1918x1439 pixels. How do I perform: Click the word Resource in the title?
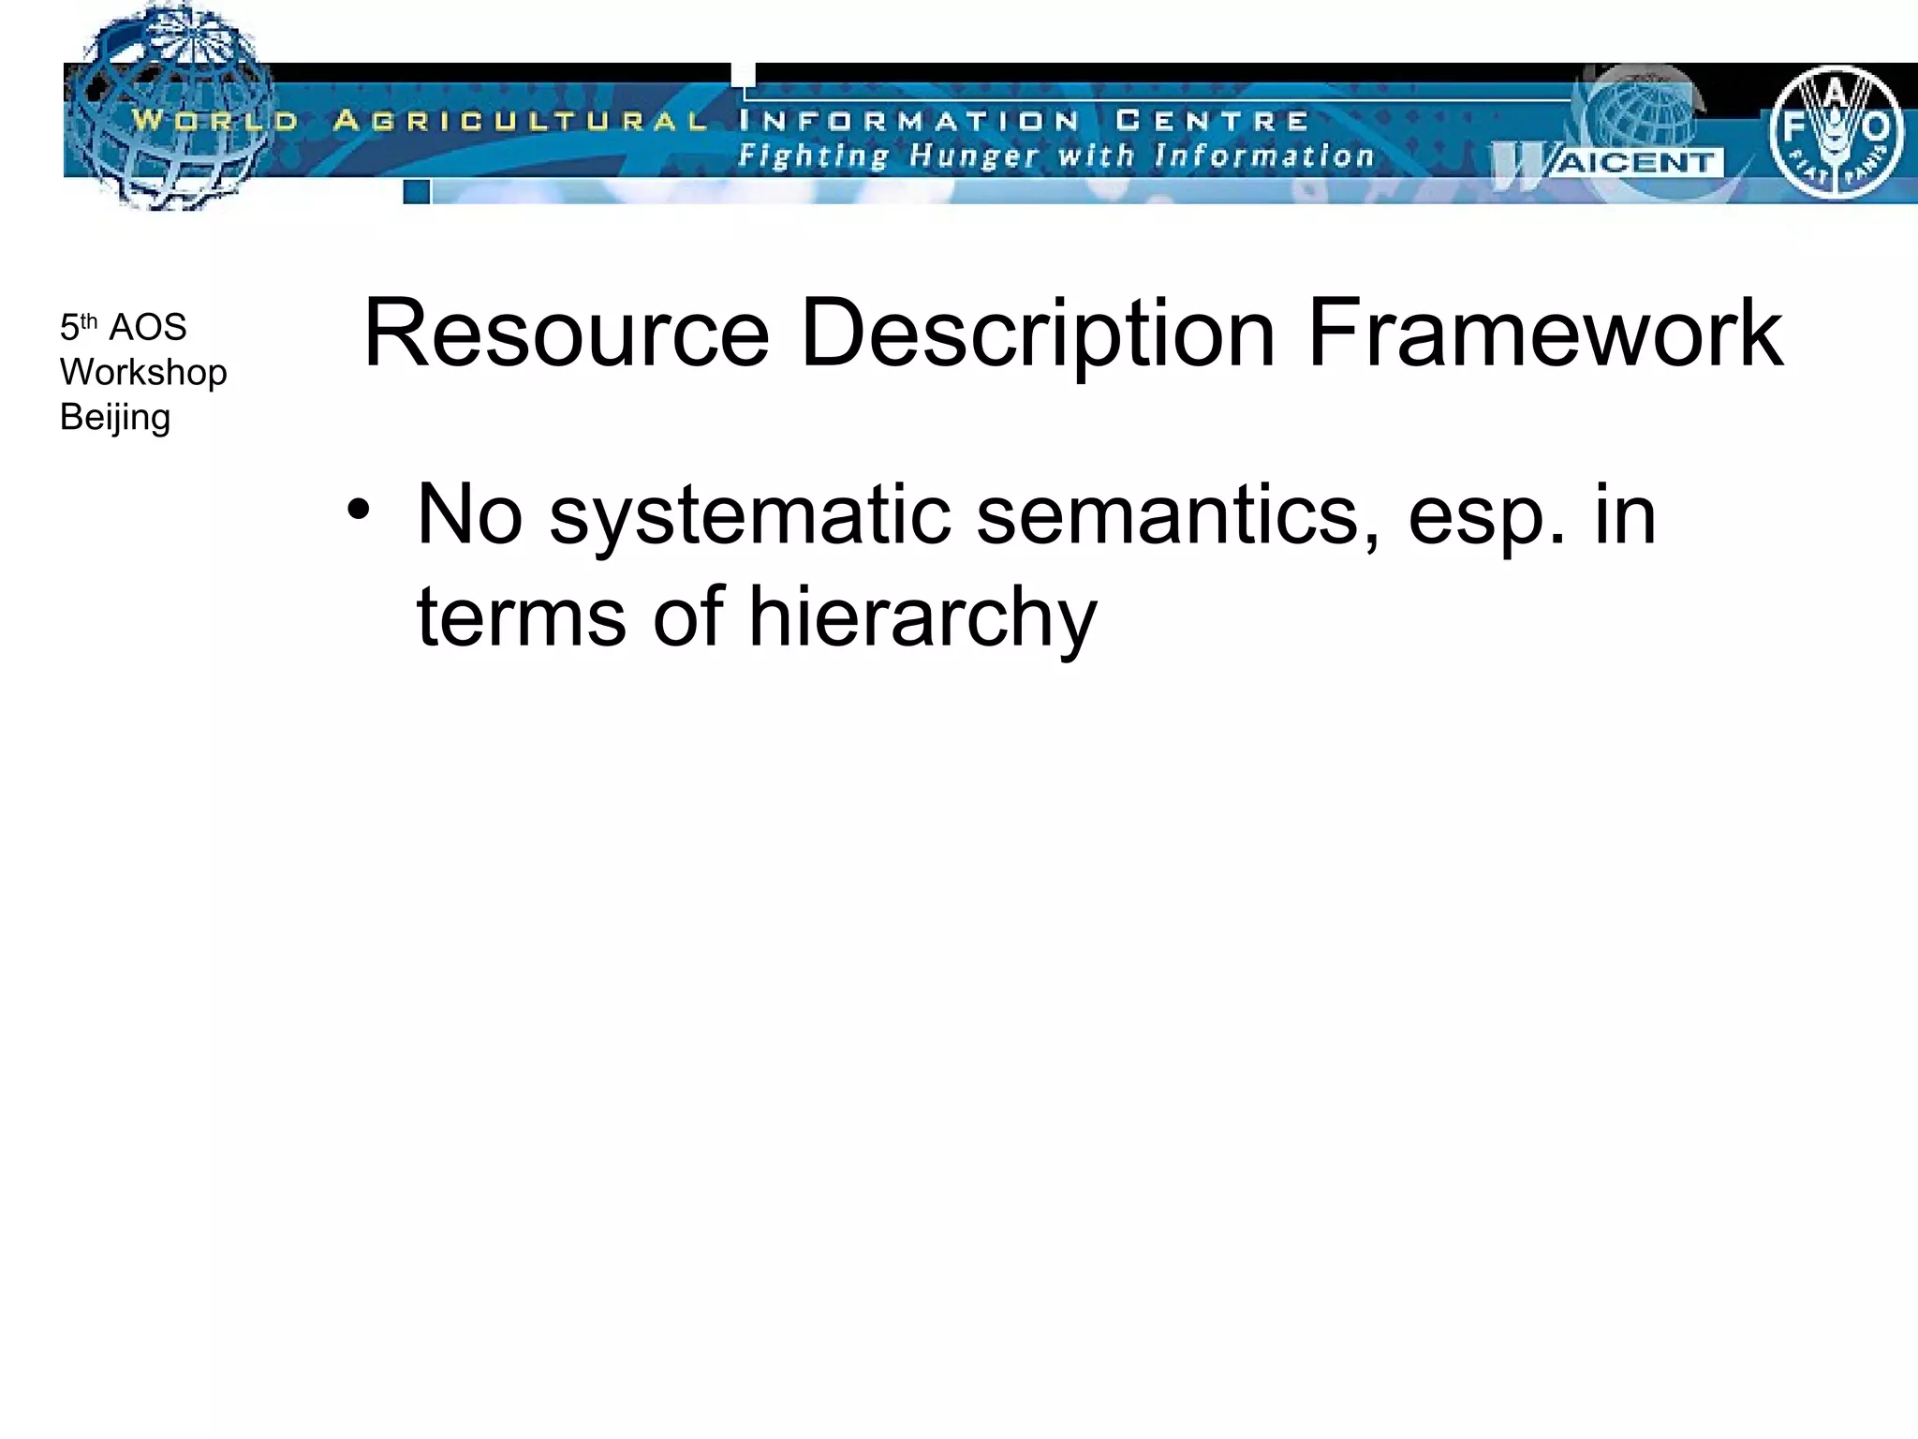pyautogui.click(x=566, y=334)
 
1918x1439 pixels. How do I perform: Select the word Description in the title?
pyautogui.click(x=1038, y=334)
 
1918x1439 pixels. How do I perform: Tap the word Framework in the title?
pyautogui.click(x=1544, y=334)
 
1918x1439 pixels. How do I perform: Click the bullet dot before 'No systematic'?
pyautogui.click(x=357, y=512)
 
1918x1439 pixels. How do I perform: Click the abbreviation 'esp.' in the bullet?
pyautogui.click(x=1487, y=517)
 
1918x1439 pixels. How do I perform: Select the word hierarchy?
pyautogui.click(x=922, y=618)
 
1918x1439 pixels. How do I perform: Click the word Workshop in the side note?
pyautogui.click(x=143, y=373)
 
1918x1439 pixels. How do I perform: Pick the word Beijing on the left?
pyautogui.click(x=115, y=419)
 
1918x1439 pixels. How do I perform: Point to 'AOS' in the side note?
pyautogui.click(x=148, y=328)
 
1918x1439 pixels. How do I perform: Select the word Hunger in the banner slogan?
pyautogui.click(x=974, y=156)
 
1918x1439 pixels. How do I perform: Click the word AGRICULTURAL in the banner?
pyautogui.click(x=520, y=121)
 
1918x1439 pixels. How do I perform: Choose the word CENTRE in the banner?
pyautogui.click(x=1212, y=121)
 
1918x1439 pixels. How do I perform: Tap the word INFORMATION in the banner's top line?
pyautogui.click(x=908, y=121)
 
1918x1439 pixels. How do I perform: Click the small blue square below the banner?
pyautogui.click(x=417, y=192)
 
